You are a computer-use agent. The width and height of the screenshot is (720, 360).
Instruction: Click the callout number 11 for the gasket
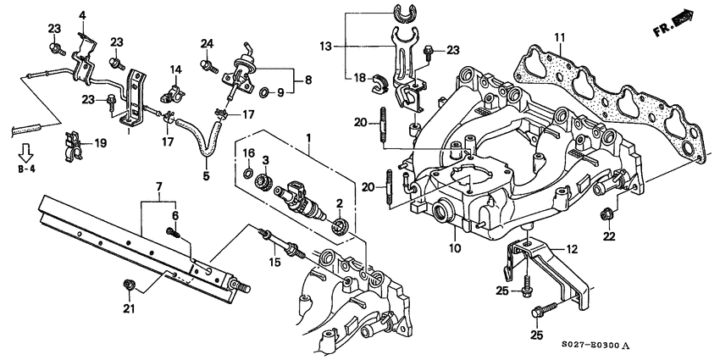[x=559, y=37]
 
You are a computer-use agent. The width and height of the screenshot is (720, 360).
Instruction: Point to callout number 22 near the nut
[x=607, y=236]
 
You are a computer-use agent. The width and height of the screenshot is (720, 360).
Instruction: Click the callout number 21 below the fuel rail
[x=129, y=308]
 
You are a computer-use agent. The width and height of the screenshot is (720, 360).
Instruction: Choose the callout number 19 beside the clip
[x=101, y=143]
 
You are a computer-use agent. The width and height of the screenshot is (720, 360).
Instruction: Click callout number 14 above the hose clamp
[x=176, y=69]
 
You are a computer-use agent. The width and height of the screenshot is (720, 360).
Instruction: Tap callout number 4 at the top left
[x=83, y=14]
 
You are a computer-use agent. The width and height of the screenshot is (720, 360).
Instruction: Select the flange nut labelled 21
[x=129, y=282]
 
